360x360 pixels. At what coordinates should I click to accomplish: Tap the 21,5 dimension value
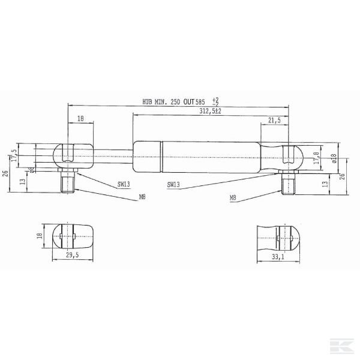click(x=274, y=121)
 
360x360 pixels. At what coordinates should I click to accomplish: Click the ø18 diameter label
click(x=334, y=158)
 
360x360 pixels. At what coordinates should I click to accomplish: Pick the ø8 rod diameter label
click(x=32, y=169)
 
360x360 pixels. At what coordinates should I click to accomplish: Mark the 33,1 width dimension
click(x=277, y=256)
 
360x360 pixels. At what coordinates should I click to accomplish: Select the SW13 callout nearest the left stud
click(x=124, y=184)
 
